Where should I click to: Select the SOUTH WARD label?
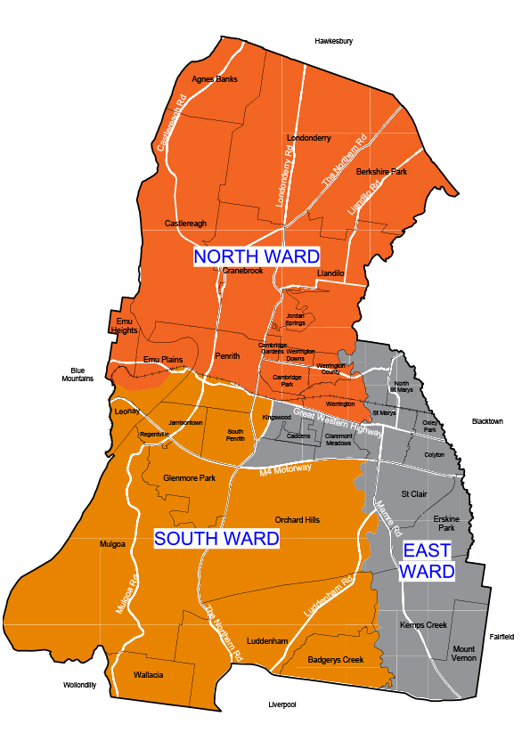pos(216,538)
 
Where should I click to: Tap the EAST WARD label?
pos(428,560)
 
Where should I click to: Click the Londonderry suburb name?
pos(309,138)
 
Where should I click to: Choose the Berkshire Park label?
pos(381,171)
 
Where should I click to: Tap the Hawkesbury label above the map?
pos(334,41)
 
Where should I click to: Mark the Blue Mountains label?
pos(77,374)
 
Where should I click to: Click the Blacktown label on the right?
pos(487,421)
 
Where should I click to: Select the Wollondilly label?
pos(79,685)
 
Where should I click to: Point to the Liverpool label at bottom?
pos(281,704)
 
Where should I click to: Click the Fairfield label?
pos(502,637)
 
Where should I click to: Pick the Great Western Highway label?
pos(338,420)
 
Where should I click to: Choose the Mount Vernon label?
pos(464,654)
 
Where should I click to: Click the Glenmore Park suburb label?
pos(189,478)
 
